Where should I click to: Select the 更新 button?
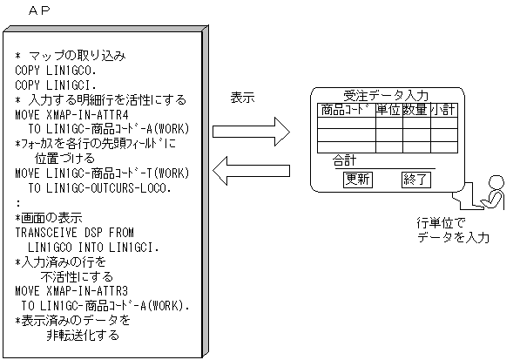click(x=358, y=180)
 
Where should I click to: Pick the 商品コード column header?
click(x=346, y=110)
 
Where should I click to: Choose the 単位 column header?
click(x=388, y=110)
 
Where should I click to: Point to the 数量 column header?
click(x=415, y=110)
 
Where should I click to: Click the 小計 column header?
click(x=443, y=110)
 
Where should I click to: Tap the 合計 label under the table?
click(x=346, y=162)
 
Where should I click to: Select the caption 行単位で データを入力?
click(x=452, y=230)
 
